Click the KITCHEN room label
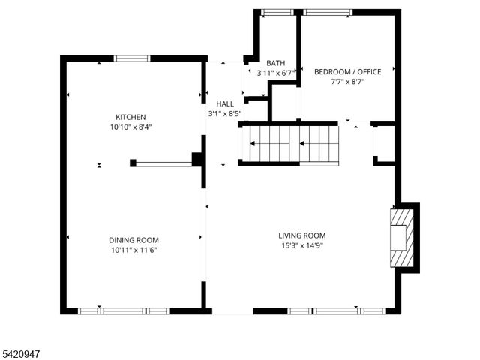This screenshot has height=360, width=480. (130, 117)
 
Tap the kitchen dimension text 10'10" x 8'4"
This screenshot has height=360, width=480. (130, 127)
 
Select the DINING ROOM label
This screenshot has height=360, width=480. (132, 240)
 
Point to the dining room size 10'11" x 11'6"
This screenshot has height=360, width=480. (132, 250)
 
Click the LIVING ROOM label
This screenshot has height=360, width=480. (302, 235)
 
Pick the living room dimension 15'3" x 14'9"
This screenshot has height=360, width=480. (302, 245)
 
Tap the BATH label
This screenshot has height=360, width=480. (274, 63)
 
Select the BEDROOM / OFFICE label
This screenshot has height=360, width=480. (347, 72)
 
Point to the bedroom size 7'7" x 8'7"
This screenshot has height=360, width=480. (347, 82)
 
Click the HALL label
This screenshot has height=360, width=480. (225, 104)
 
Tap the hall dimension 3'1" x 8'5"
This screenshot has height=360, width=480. (225, 114)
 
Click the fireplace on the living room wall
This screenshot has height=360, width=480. (400, 237)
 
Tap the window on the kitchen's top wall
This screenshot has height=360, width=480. (131, 58)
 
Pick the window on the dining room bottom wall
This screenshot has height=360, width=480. (124, 310)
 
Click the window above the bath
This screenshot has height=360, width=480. (277, 12)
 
